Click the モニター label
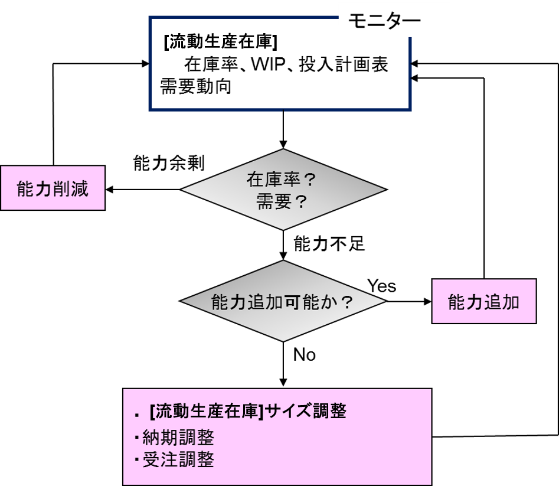pyautogui.click(x=384, y=21)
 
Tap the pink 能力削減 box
pyautogui.click(x=53, y=188)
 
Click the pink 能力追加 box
pyautogui.click(x=483, y=302)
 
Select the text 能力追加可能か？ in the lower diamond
pyautogui.click(x=282, y=302)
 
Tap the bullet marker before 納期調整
pyautogui.click(x=136, y=438)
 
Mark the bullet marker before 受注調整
pyautogui.click(x=136, y=459)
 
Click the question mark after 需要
pyautogui.click(x=300, y=203)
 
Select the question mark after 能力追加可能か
pyautogui.click(x=348, y=302)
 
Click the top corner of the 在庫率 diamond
pyautogui.click(x=283, y=151)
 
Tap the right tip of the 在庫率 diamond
pyautogui.click(x=384, y=190)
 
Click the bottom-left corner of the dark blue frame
pyautogui.click(x=151, y=109)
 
